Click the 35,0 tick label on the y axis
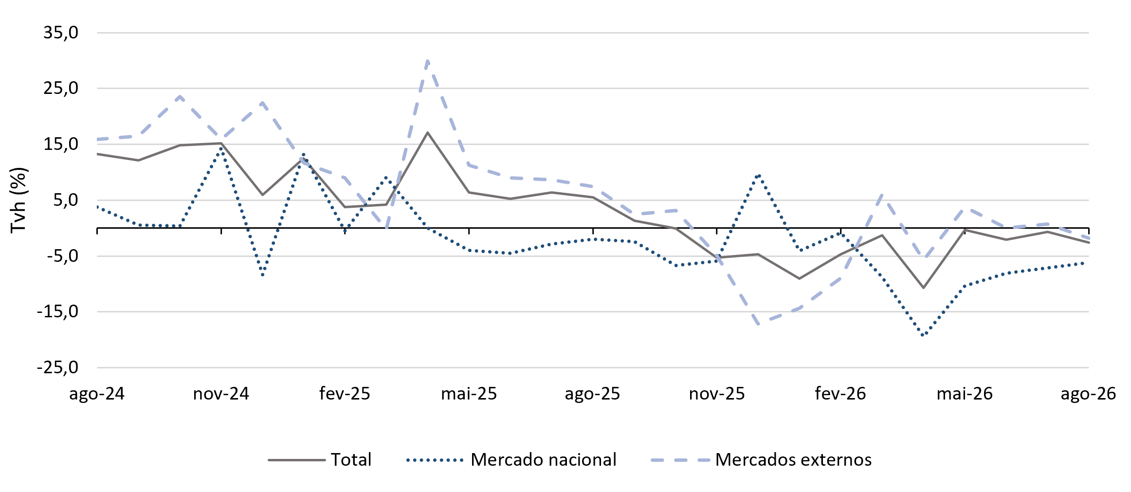click(61, 33)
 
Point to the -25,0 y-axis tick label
click(57, 367)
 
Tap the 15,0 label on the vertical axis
click(61, 144)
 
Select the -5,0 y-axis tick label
click(62, 255)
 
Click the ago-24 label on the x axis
click(97, 394)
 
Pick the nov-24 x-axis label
click(221, 394)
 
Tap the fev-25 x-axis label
click(345, 394)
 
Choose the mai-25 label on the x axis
click(469, 394)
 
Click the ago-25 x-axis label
click(592, 394)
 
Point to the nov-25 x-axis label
click(717, 394)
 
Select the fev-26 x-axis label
click(840, 394)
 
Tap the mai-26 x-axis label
click(965, 394)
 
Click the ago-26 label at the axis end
click(1088, 394)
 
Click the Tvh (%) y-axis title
click(18, 200)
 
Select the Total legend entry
click(320, 460)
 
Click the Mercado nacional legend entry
click(511, 460)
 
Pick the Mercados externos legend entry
click(761, 460)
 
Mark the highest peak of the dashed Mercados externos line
click(427, 60)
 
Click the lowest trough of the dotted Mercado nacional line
click(923, 335)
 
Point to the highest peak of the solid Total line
click(427, 132)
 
